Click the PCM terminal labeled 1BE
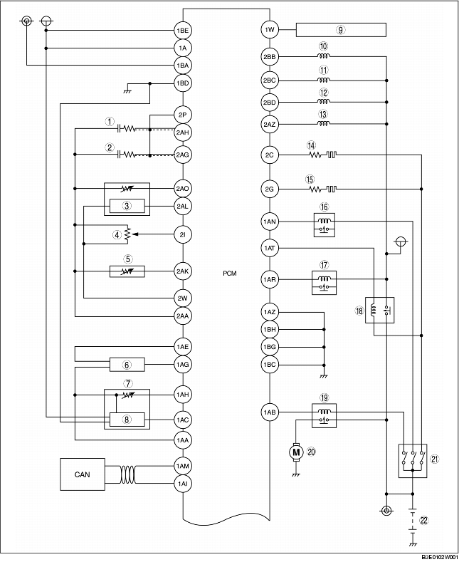coord(183,31)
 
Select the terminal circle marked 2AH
coord(183,131)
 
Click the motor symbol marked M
coord(295,451)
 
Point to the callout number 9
coord(341,30)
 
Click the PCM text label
coord(228,273)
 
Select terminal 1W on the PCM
coord(270,30)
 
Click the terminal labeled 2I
coord(183,234)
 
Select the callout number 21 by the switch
coord(435,459)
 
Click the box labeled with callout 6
coord(127,365)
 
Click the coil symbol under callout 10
coord(324,56)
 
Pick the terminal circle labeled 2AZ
coord(270,125)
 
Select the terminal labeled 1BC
coord(270,364)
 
